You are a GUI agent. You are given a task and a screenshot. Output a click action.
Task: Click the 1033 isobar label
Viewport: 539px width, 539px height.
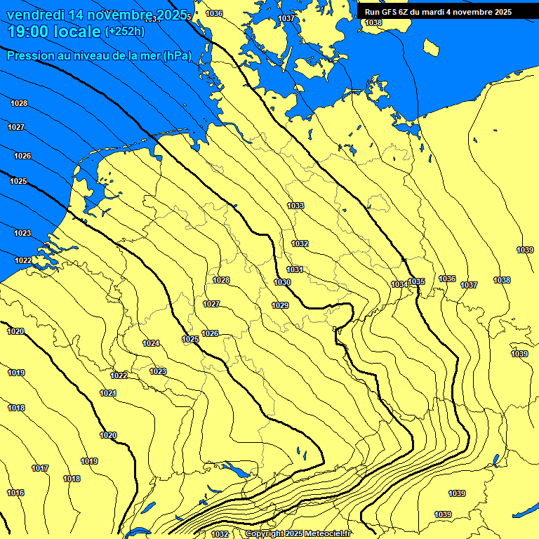pyautogui.click(x=295, y=206)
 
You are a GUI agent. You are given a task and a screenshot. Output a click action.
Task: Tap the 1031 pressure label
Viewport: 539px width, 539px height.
pyautogui.click(x=294, y=269)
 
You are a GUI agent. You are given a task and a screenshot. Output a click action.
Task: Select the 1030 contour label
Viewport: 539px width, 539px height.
pyautogui.click(x=282, y=282)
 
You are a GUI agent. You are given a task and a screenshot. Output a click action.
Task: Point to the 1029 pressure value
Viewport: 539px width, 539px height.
pyautogui.click(x=280, y=305)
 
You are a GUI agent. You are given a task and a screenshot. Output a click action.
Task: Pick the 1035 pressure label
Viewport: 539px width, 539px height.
pyautogui.click(x=416, y=281)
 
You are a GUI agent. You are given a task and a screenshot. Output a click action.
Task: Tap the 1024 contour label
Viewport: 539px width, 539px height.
pyautogui.click(x=151, y=343)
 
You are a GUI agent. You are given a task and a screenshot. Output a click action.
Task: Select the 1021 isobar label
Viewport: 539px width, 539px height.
pyautogui.click(x=107, y=393)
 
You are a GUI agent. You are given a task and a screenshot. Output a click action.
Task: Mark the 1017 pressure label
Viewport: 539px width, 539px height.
pyautogui.click(x=40, y=468)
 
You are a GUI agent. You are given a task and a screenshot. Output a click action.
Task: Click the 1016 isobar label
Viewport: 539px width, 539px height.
pyautogui.click(x=15, y=493)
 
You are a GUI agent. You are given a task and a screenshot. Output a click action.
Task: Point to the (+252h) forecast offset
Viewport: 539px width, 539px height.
pyautogui.click(x=124, y=31)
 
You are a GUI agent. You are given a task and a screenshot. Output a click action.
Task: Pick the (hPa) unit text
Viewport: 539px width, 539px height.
pyautogui.click(x=176, y=56)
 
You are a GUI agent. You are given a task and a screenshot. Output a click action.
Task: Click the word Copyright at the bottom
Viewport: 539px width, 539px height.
pyautogui.click(x=265, y=534)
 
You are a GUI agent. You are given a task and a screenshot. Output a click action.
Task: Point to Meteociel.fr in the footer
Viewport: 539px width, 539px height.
pyautogui.click(x=328, y=534)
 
